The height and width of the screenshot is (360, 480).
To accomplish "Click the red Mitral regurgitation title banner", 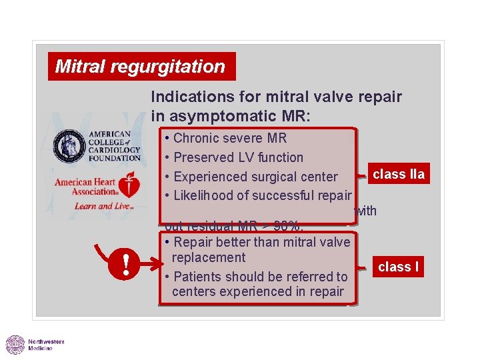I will coord(141,67).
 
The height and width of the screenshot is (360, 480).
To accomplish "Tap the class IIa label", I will coord(398,175).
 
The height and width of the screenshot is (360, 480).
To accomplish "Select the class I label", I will coord(398,267).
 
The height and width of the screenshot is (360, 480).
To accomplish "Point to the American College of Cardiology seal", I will coord(70,146).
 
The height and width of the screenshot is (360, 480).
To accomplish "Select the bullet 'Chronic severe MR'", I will coord(229,139).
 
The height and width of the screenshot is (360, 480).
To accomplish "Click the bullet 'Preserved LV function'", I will coord(237,158).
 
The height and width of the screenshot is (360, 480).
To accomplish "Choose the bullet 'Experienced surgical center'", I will coord(255,177).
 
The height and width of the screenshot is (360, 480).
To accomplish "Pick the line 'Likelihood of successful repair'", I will coord(261,195).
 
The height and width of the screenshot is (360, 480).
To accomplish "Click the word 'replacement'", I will coord(209,257).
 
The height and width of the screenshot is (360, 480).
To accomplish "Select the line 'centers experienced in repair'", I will coord(258,291).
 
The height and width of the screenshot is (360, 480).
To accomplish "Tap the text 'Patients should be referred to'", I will coord(260,276).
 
